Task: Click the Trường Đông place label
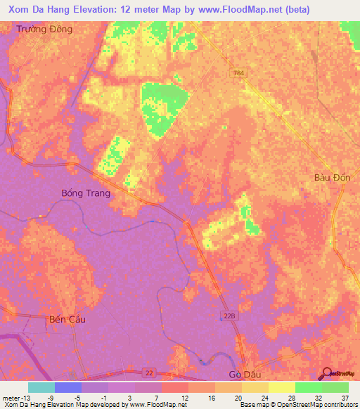pos(46,30)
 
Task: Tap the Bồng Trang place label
pos(86,193)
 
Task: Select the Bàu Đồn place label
pos(332,178)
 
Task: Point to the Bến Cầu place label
pos(67,319)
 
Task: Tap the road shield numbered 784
pos(240,72)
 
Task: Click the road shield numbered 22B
pos(229,316)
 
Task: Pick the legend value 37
pos(345,397)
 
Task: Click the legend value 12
pos(184,397)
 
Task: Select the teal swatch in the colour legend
pos(41,387)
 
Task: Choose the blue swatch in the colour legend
pos(68,387)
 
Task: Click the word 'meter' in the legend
pos(12,397)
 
